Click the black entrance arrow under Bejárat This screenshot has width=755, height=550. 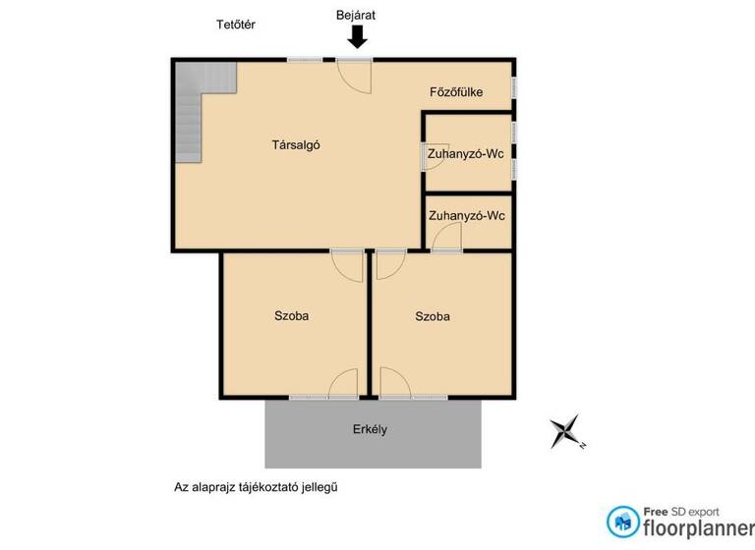click(357, 37)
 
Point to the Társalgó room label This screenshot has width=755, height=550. click(296, 145)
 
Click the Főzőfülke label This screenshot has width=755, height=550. click(456, 92)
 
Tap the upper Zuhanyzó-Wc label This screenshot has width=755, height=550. click(466, 154)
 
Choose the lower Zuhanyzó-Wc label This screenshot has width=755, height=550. click(466, 215)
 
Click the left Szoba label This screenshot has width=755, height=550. click(292, 316)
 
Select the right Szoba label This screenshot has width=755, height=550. click(433, 316)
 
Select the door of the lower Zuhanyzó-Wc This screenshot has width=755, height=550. click(447, 238)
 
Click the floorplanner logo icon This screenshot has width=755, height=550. click(622, 521)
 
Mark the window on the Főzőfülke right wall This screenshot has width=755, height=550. click(513, 89)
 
